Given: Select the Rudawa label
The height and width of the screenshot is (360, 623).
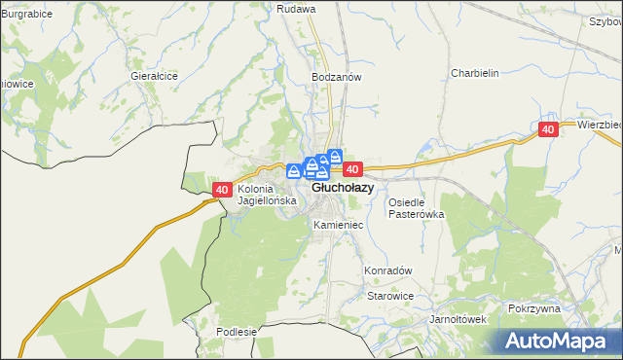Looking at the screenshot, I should (297, 8).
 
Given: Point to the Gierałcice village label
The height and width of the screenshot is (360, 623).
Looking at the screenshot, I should (154, 74).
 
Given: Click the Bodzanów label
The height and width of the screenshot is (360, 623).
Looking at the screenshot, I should (337, 76).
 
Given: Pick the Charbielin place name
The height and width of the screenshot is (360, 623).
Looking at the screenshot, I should (475, 73).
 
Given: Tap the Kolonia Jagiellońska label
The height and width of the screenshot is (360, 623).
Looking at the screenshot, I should (266, 196).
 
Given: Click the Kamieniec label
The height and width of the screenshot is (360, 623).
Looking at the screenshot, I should (339, 225).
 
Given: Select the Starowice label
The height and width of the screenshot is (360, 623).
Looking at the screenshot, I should (390, 296).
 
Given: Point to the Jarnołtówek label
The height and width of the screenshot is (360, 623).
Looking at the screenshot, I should (458, 318).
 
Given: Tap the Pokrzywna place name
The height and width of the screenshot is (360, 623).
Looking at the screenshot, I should (534, 308).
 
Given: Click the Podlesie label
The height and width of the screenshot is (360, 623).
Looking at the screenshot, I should (237, 332).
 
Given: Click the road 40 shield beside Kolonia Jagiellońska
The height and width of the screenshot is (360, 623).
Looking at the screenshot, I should (221, 190).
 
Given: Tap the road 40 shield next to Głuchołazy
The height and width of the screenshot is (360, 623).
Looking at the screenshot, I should (353, 169).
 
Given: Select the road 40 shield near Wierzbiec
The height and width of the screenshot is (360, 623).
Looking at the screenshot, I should (548, 129).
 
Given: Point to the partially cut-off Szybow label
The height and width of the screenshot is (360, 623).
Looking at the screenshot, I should (605, 20).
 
